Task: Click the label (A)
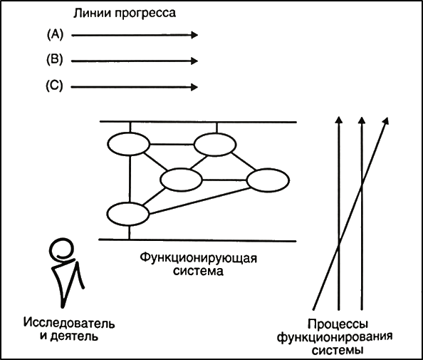(55, 34)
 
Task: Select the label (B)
(55, 60)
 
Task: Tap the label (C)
(54, 86)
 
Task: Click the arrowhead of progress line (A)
(194, 35)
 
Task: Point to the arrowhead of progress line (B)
(194, 61)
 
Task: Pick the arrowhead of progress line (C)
(194, 87)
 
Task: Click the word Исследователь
(69, 323)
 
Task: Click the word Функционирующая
(199, 258)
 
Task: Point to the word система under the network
(198, 271)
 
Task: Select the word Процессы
(338, 324)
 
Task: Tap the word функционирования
(335, 337)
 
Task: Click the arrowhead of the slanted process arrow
(386, 120)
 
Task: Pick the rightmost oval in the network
(268, 180)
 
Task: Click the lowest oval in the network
(128, 214)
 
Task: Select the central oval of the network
(181, 180)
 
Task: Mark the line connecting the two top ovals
(172, 145)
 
